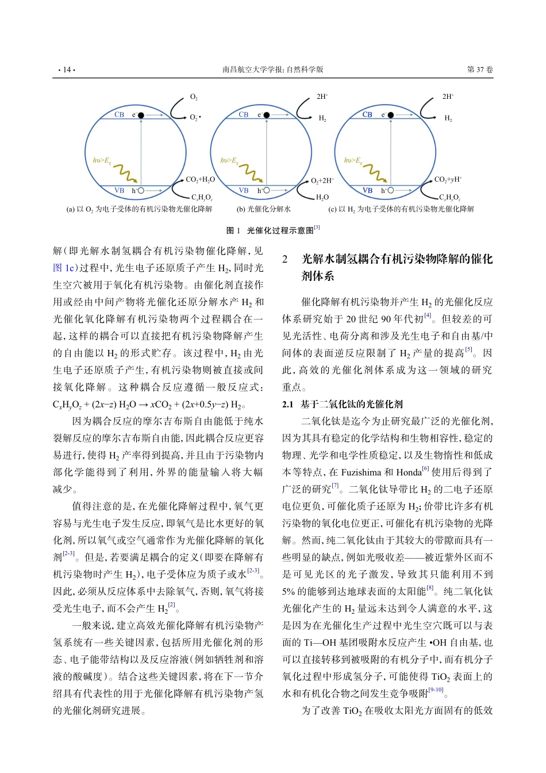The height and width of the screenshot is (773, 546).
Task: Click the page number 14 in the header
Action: (x=66, y=70)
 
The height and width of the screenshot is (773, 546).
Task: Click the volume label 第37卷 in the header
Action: (x=479, y=70)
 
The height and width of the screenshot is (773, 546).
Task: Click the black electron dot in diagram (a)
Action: (x=141, y=115)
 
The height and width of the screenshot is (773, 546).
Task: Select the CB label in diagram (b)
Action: (x=244, y=114)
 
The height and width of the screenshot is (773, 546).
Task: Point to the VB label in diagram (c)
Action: (x=367, y=190)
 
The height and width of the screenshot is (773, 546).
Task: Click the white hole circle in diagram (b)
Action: (x=266, y=190)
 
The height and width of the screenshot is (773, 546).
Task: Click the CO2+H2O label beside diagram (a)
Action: (x=200, y=179)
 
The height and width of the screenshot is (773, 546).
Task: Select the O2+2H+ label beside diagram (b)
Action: (x=322, y=180)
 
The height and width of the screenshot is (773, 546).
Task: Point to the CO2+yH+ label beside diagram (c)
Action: (x=448, y=179)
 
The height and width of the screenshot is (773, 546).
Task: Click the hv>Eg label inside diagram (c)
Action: (x=352, y=160)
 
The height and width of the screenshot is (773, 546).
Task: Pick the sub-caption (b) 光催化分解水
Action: (x=264, y=209)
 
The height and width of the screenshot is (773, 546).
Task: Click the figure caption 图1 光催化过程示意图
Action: (x=272, y=230)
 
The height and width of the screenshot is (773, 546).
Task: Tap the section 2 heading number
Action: (x=285, y=259)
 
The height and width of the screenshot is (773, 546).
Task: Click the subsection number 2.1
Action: (x=287, y=404)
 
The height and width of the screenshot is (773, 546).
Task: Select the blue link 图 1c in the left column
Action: (x=64, y=268)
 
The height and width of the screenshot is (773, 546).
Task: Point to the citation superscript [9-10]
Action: (x=435, y=690)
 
